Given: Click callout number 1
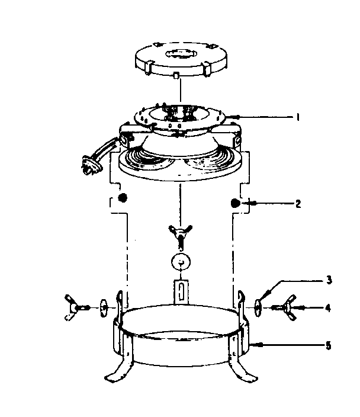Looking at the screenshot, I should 299,117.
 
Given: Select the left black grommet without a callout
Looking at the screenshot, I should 122,198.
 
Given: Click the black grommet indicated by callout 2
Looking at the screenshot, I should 235,203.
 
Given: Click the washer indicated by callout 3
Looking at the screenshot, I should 259,306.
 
